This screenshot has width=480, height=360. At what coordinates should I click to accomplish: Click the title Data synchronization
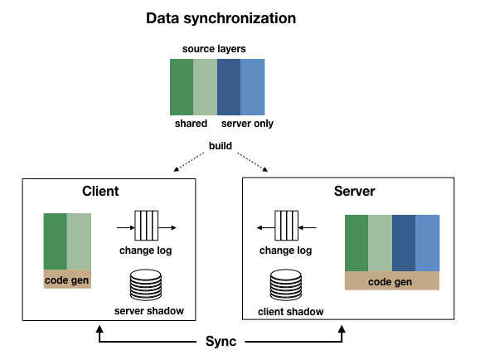pyautogui.click(x=221, y=18)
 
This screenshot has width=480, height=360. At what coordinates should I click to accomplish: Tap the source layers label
pyautogui.click(x=214, y=49)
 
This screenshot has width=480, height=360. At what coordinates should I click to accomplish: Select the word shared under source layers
pyautogui.click(x=191, y=124)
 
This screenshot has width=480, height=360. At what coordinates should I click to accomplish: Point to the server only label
pyautogui.click(x=247, y=124)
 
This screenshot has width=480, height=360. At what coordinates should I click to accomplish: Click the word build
pyautogui.click(x=221, y=145)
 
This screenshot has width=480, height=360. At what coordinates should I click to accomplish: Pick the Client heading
pyautogui.click(x=100, y=191)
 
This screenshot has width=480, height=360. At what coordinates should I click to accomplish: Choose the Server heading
pyautogui.click(x=355, y=191)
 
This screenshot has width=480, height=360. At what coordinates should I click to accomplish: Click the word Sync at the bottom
pyautogui.click(x=221, y=341)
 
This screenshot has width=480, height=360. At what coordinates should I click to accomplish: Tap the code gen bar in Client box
pyautogui.click(x=67, y=279)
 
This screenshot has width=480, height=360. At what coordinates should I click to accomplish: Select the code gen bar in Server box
pyautogui.click(x=392, y=280)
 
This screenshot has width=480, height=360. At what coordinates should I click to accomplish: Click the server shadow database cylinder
pyautogui.click(x=146, y=285)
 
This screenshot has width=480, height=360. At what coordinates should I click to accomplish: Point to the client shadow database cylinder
pyautogui.click(x=286, y=285)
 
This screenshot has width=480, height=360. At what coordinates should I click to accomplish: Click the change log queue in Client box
pyautogui.click(x=147, y=226)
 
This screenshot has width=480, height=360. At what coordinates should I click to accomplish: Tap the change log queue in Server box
pyautogui.click(x=287, y=226)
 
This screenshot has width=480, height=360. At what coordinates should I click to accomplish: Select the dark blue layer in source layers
pyautogui.click(x=229, y=87)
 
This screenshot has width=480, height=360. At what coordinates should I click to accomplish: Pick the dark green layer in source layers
pyautogui.click(x=182, y=87)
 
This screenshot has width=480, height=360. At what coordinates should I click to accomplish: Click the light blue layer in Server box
pyautogui.click(x=427, y=243)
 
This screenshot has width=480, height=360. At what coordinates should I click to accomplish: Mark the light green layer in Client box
pyautogui.click(x=79, y=241)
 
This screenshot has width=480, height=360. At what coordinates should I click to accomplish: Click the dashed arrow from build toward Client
pyautogui.click(x=189, y=162)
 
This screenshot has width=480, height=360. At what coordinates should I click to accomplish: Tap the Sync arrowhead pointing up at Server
pyautogui.click(x=342, y=329)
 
